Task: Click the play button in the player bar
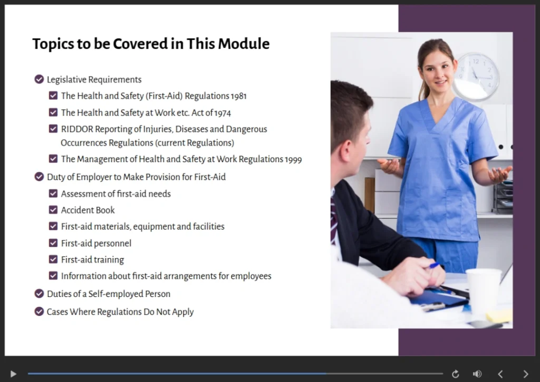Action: point(13,374)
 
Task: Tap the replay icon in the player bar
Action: point(456,374)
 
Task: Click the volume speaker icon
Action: point(477,374)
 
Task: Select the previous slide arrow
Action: point(500,374)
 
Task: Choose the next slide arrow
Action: point(525,374)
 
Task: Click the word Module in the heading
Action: point(244,44)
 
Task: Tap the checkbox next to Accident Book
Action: point(53,210)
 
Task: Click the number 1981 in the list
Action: point(238,96)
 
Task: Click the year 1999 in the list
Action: point(293,159)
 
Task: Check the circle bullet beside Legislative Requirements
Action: point(39,80)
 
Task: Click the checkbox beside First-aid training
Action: point(53,260)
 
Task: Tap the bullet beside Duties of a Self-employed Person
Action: point(39,294)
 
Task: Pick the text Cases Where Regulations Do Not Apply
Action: point(120,312)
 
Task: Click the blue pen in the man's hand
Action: point(434,266)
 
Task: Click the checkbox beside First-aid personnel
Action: point(53,243)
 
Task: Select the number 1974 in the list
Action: point(221,113)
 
